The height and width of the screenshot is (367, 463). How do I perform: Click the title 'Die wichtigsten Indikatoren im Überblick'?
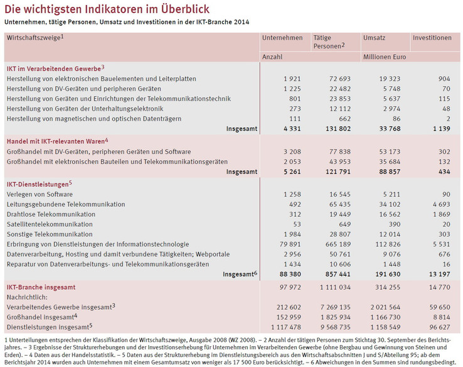tap(107, 9)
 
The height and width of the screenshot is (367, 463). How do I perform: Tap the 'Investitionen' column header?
tap(432, 38)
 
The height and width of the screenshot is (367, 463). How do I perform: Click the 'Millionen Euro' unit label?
tap(384, 57)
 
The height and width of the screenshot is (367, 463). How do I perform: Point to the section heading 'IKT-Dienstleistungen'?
tap(38, 183)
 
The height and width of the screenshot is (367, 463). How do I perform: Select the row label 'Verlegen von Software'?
tap(39, 194)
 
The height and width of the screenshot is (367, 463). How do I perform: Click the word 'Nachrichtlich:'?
tap(28, 297)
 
